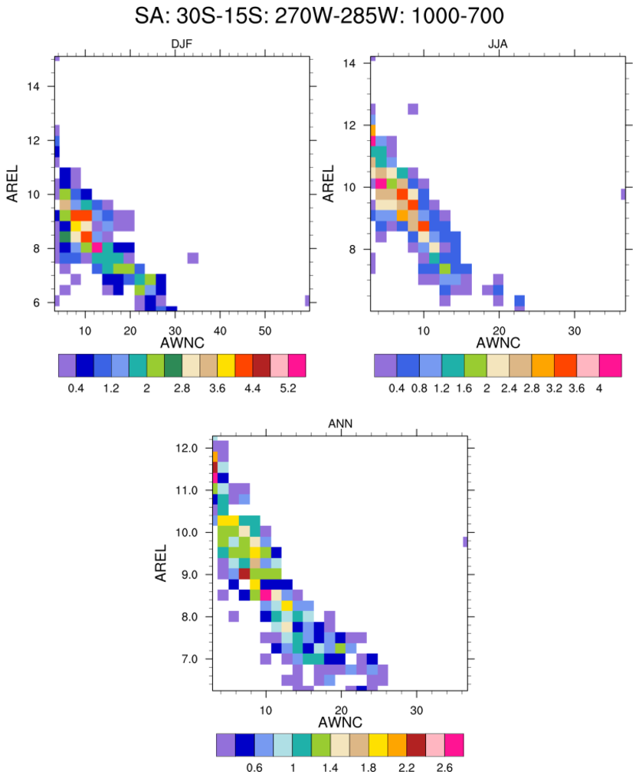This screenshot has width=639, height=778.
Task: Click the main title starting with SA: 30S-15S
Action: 319,15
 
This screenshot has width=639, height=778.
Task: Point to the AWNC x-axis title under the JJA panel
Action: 497,342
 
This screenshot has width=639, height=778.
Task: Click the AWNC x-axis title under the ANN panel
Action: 339,721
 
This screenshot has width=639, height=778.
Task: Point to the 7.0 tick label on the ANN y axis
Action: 188,659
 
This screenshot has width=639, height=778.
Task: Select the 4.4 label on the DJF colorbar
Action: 254,389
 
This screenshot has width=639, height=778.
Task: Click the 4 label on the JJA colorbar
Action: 599,389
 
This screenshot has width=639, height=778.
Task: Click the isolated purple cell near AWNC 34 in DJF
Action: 192,258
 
